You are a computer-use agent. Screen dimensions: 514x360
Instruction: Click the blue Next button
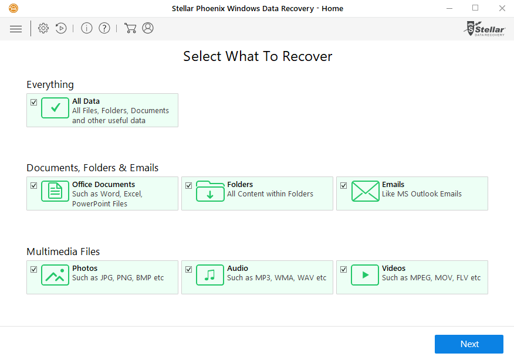469,344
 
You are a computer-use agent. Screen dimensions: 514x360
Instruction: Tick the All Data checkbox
34,103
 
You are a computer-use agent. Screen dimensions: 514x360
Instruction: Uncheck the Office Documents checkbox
34,186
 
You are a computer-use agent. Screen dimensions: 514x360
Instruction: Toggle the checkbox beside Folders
188,186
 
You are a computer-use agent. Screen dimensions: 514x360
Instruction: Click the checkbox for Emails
343,186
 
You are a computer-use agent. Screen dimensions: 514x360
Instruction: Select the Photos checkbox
34,270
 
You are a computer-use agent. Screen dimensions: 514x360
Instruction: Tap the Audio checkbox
188,270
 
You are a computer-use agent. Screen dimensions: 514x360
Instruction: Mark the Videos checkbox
343,270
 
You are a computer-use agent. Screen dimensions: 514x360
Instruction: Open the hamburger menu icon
16,29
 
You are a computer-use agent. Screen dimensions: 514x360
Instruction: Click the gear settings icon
43,28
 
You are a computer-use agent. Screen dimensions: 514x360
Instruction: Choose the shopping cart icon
130,28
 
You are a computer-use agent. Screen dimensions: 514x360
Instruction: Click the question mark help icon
104,28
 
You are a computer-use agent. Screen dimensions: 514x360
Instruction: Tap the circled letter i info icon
86,28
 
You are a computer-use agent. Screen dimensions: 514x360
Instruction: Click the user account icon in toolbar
148,28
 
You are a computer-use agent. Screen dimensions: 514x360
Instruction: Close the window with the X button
502,8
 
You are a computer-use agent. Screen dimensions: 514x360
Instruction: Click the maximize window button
475,8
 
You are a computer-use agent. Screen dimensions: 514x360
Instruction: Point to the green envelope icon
365,191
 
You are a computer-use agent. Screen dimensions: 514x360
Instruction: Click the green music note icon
210,275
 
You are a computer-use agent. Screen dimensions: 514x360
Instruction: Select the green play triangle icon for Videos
365,275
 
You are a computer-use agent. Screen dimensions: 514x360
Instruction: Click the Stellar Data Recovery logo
485,29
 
